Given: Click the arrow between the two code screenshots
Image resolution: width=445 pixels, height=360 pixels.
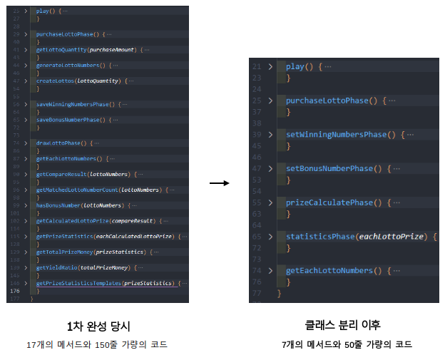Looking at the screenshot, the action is tap(218, 183).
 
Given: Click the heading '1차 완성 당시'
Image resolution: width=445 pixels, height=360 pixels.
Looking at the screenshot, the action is tap(98, 326).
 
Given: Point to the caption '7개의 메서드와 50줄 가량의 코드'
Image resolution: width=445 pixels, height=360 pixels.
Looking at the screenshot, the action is tap(347, 344).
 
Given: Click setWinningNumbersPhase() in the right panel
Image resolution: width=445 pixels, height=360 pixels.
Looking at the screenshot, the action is tap(342, 135).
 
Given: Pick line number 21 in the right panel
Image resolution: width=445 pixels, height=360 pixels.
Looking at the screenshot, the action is tap(257, 66).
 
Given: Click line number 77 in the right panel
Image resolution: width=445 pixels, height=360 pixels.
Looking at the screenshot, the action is tap(257, 293).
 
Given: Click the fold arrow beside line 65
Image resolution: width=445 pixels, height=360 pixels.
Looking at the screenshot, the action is tap(270, 236).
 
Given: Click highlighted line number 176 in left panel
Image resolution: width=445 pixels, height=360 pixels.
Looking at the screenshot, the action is tap(14, 291).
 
